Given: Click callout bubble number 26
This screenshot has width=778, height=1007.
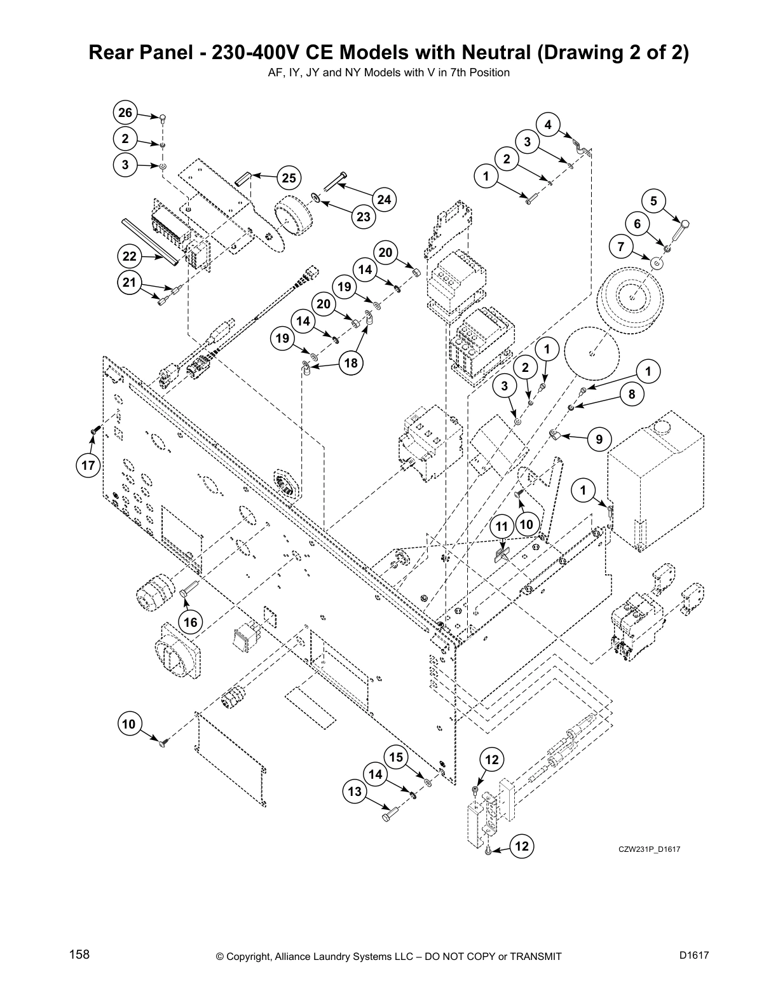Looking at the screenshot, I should (x=125, y=113).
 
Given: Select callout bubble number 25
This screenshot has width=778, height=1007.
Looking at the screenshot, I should (x=289, y=178).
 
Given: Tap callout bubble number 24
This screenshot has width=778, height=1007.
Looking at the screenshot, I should (x=384, y=200).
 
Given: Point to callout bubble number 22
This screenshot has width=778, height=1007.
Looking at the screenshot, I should (x=130, y=257).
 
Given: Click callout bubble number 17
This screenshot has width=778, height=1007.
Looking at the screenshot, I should (x=88, y=465).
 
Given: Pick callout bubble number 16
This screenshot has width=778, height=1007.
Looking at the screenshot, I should (x=191, y=622).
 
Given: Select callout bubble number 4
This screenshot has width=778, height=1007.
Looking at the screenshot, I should (x=548, y=125).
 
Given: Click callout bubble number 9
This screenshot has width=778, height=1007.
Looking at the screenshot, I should (x=599, y=439).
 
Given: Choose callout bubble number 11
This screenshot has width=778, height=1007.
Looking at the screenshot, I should (x=502, y=526).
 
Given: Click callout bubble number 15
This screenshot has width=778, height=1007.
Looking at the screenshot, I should (x=396, y=757).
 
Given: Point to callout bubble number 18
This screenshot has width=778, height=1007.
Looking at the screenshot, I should (x=350, y=363).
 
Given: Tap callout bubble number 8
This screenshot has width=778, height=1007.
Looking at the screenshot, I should (x=631, y=394).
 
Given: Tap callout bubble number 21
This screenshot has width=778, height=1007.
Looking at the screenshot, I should (x=130, y=283).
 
